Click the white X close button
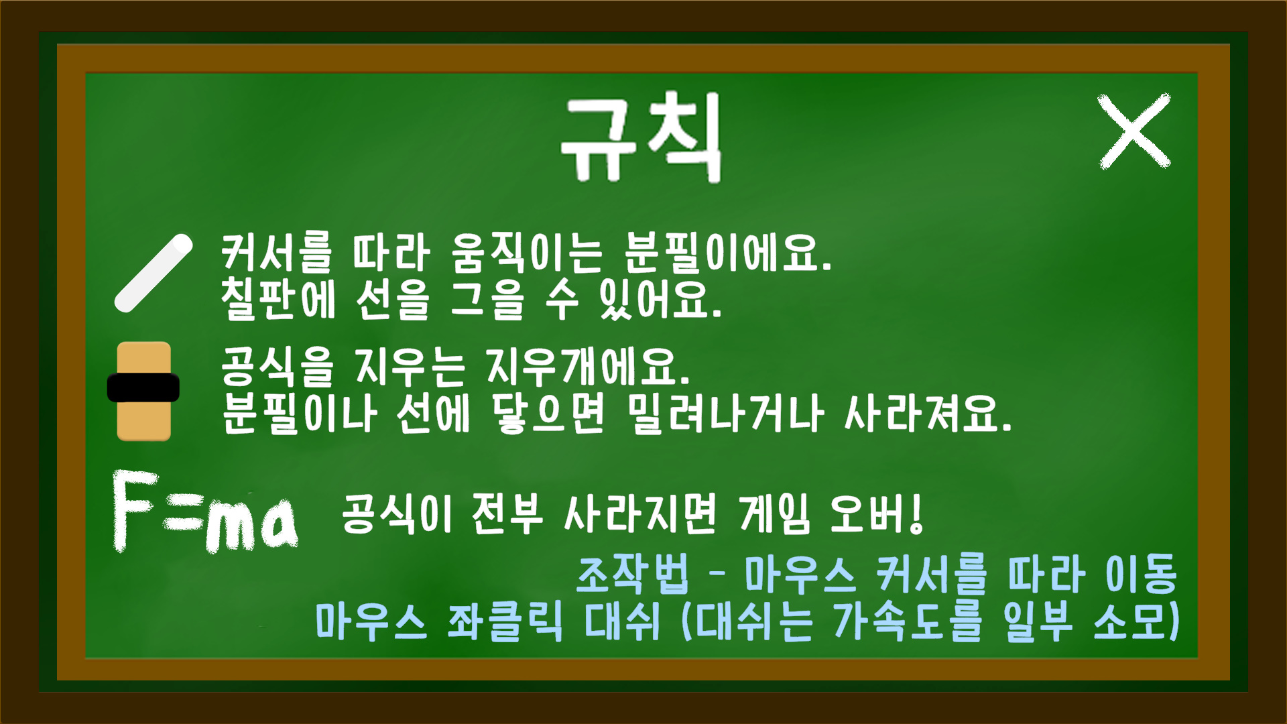coord(1134,131)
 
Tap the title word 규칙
coord(641,137)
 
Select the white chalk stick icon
coord(154,274)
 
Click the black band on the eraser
coord(143,387)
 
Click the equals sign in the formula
coord(182,519)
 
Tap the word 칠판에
coord(278,299)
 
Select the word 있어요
coord(661,299)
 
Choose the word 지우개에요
coord(589,367)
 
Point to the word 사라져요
coord(928,414)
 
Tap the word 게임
coord(775,514)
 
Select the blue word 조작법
coord(632,575)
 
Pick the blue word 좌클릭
coord(505,621)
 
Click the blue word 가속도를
coord(908,621)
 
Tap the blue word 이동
coord(1141,575)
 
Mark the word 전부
coord(507,514)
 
